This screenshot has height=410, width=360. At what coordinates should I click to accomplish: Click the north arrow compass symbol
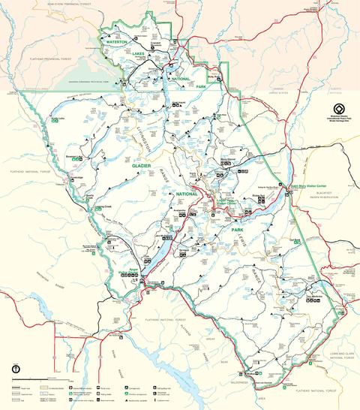click(15, 369)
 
